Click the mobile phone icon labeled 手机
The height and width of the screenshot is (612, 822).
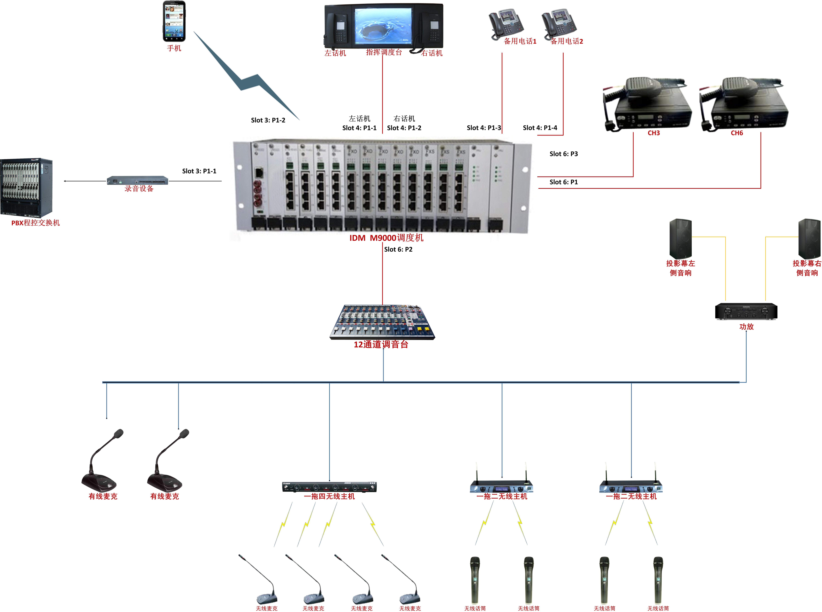(174, 21)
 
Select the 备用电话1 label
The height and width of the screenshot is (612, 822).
(520, 41)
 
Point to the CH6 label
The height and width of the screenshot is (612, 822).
(737, 133)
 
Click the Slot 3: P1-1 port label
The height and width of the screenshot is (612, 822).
(199, 171)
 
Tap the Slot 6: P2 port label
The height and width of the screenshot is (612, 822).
(398, 249)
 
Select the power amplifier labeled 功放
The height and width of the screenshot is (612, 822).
(746, 312)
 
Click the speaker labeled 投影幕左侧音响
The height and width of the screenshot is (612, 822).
(680, 239)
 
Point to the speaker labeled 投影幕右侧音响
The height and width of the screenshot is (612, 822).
(809, 239)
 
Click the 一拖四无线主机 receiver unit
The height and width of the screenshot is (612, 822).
(329, 487)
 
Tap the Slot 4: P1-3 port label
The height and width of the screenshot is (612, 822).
(483, 128)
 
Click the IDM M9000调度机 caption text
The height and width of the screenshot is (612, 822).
(386, 238)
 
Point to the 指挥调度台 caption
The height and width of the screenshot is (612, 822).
(384, 52)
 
